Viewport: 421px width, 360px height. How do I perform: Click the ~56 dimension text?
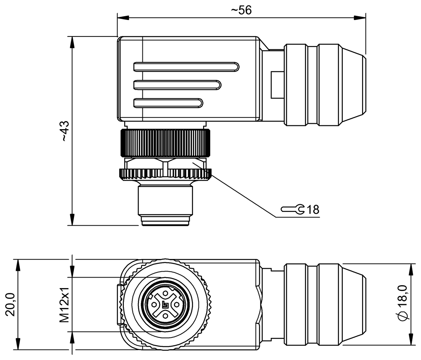point(241,10)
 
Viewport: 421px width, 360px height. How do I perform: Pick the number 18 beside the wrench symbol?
point(313,210)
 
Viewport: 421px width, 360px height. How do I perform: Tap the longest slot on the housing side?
point(186,66)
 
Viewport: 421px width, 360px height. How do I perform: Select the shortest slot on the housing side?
point(168,103)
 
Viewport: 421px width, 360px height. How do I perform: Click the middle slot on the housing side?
point(177,85)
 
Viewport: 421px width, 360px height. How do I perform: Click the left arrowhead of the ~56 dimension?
point(121,17)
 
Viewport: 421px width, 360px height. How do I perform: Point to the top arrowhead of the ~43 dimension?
point(73,41)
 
